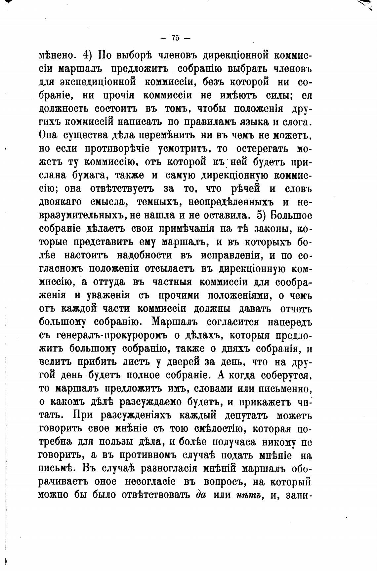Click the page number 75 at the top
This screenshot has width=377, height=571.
point(176,38)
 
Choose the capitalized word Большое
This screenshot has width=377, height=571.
point(291,215)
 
